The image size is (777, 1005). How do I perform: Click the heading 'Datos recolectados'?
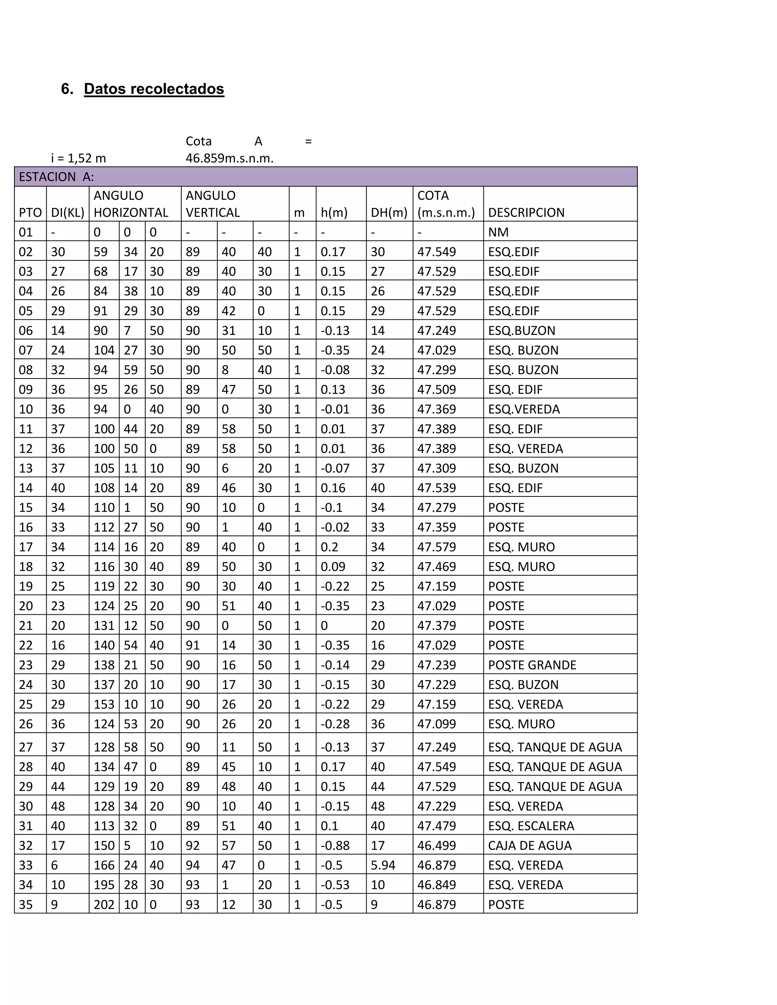coord(154,89)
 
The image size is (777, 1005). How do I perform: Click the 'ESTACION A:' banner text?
coord(56,177)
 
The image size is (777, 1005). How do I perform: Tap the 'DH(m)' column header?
coord(389,213)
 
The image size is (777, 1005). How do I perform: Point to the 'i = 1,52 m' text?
coord(78,158)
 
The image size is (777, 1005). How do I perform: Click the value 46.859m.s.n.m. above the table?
coord(229,158)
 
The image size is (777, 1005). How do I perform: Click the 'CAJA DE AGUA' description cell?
coord(529,845)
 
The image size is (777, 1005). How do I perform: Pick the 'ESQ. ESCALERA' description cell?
coord(531,826)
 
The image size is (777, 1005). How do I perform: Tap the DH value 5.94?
coord(383,865)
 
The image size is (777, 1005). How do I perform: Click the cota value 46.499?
coord(436,845)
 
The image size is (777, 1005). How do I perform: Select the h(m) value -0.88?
coord(335,845)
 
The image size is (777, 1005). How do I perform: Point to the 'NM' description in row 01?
coord(498,232)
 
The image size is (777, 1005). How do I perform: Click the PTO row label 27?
coord(26,747)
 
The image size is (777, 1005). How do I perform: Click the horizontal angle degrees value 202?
coord(104,904)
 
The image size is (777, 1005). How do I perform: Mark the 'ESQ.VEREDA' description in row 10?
coord(524,409)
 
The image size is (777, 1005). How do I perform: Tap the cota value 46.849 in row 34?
coord(436,884)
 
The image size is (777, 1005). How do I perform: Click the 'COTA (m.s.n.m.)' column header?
coord(445,204)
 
